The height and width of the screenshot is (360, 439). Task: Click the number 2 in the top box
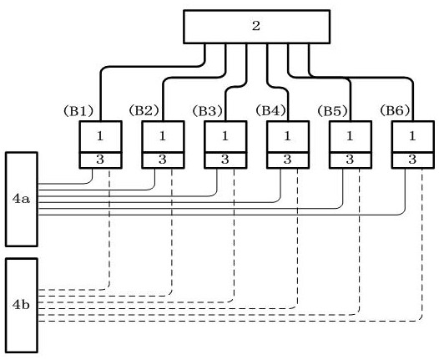(256, 26)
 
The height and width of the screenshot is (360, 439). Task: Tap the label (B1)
(78, 111)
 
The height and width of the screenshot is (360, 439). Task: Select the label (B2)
(144, 110)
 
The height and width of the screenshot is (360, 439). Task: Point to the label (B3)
(208, 111)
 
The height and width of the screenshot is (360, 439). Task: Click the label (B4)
(270, 110)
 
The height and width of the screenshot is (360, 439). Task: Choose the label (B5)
(333, 111)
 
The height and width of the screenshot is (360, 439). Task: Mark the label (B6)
(395, 110)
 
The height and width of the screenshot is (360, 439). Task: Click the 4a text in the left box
(21, 199)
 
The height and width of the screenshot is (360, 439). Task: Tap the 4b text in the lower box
(21, 305)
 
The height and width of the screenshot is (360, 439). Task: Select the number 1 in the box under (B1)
(100, 136)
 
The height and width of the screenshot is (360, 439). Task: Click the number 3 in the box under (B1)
(100, 160)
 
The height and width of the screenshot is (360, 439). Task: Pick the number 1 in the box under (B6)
(412, 136)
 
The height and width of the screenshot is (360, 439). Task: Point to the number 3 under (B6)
(412, 160)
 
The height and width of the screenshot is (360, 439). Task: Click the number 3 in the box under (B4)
(288, 160)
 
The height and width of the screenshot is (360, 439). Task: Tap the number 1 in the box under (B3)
(225, 136)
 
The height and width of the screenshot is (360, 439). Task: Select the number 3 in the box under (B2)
(163, 160)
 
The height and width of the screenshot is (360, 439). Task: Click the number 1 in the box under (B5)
(350, 136)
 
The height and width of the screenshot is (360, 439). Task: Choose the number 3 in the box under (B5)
(350, 160)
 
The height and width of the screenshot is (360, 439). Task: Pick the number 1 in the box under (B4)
(288, 136)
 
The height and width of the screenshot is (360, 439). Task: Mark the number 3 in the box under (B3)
(225, 160)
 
